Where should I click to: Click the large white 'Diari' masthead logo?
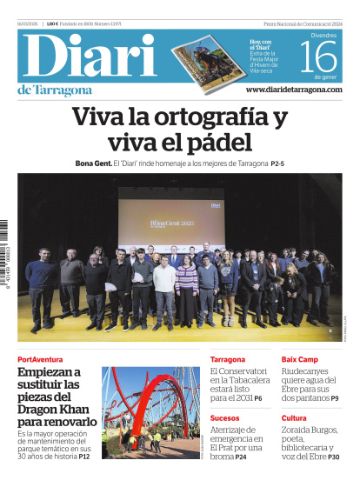click(87, 57)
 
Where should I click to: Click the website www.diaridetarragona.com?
click(294, 90)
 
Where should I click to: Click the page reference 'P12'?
click(84, 456)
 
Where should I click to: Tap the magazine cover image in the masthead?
click(207, 59)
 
